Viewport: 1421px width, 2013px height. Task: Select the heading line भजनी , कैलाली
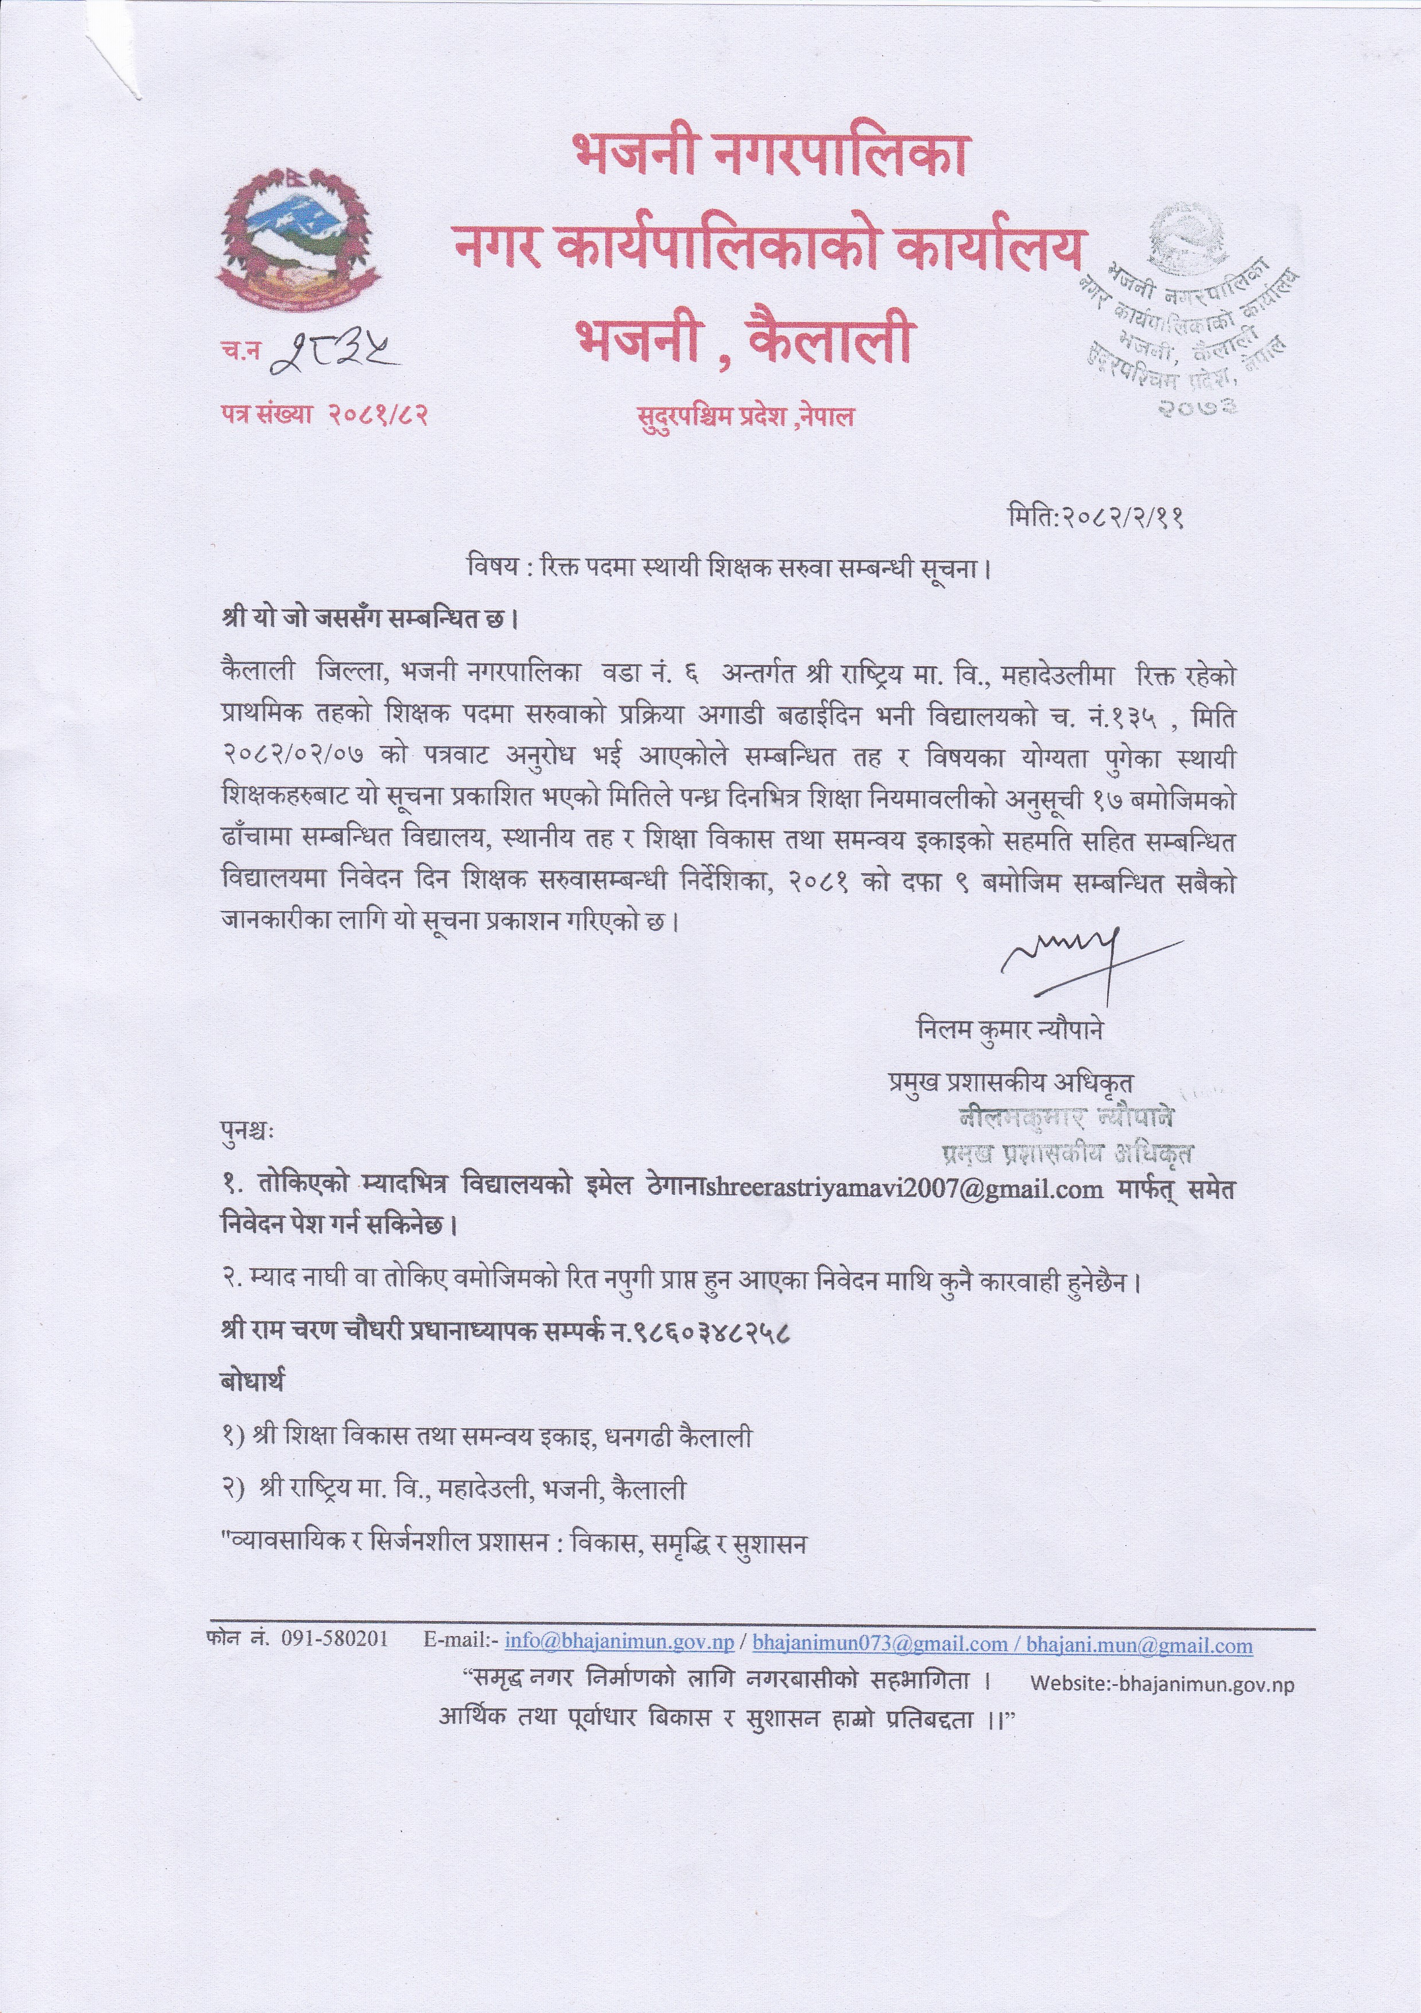743,342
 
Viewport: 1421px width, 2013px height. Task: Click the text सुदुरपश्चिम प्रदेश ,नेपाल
745,417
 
